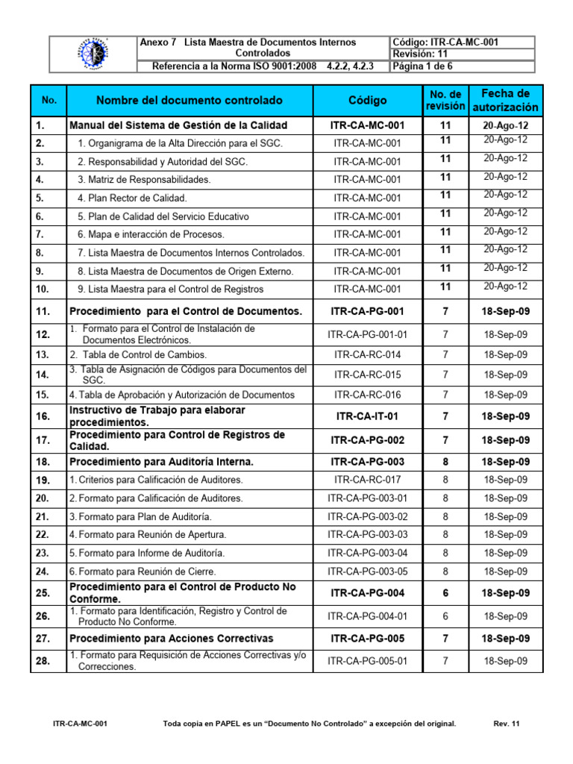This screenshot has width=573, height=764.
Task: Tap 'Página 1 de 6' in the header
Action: pyautogui.click(x=422, y=66)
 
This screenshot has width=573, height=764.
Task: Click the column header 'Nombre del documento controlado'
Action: pyautogui.click(x=190, y=100)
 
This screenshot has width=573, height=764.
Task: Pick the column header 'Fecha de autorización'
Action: pyautogui.click(x=506, y=100)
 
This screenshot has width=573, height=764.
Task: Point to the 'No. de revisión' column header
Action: pyautogui.click(x=445, y=100)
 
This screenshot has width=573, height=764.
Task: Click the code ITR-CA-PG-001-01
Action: pyautogui.click(x=367, y=334)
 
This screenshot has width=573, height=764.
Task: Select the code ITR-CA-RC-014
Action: pyautogui.click(x=367, y=354)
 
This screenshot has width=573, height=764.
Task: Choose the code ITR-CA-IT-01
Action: pyautogui.click(x=367, y=416)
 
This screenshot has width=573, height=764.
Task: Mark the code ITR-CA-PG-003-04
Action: pyautogui.click(x=367, y=553)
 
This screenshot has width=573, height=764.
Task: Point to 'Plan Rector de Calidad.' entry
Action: pyautogui.click(x=132, y=198)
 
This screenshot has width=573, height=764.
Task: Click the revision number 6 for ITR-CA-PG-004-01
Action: pyautogui.click(x=445, y=616)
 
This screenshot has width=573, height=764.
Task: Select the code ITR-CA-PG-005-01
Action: pyautogui.click(x=367, y=660)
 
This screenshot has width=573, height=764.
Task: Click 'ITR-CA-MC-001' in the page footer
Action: pyautogui.click(x=81, y=724)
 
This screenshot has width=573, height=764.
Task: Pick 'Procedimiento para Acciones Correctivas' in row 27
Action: pyautogui.click(x=171, y=639)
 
